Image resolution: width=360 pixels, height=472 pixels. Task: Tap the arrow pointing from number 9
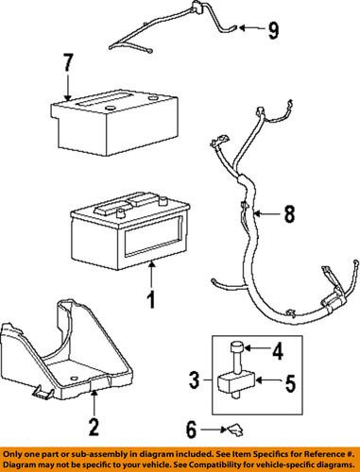point(251,30)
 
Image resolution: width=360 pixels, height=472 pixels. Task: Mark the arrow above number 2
point(94,401)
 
